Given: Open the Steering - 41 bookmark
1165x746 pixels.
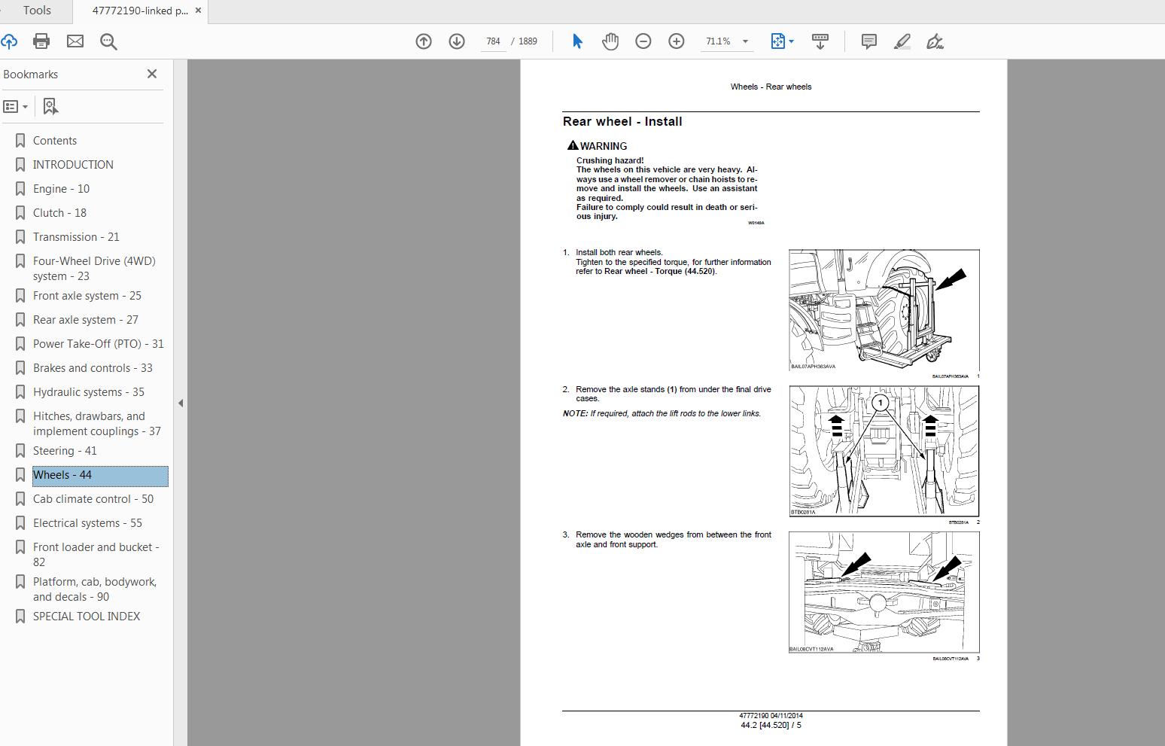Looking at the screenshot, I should point(65,451).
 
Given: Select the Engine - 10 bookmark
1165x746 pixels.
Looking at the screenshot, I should point(61,189).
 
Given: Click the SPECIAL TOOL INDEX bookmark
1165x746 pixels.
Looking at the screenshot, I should point(87,617).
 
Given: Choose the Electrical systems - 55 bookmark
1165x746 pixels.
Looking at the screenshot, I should point(87,523).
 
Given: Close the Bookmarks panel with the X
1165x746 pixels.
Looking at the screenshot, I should point(152,74).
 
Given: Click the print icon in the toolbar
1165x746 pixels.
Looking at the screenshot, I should point(41,41).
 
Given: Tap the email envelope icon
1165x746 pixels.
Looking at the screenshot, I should point(75,41).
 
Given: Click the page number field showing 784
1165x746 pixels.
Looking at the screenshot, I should point(493,41).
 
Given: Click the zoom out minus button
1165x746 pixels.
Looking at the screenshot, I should point(643,41).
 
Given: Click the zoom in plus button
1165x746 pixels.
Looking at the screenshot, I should point(677,41).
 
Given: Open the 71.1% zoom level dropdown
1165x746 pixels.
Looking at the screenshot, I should point(745,41).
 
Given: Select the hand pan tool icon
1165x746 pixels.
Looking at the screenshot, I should point(610,41).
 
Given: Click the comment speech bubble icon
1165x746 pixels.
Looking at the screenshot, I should point(868,41).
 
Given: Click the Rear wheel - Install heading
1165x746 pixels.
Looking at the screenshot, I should point(622,122).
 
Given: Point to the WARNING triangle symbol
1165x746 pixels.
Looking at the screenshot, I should point(573,145).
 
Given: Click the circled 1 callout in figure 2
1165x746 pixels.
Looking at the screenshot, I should point(880,403).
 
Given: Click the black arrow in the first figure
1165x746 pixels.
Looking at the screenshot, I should point(951,281).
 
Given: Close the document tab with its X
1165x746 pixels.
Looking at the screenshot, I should point(198,11).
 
